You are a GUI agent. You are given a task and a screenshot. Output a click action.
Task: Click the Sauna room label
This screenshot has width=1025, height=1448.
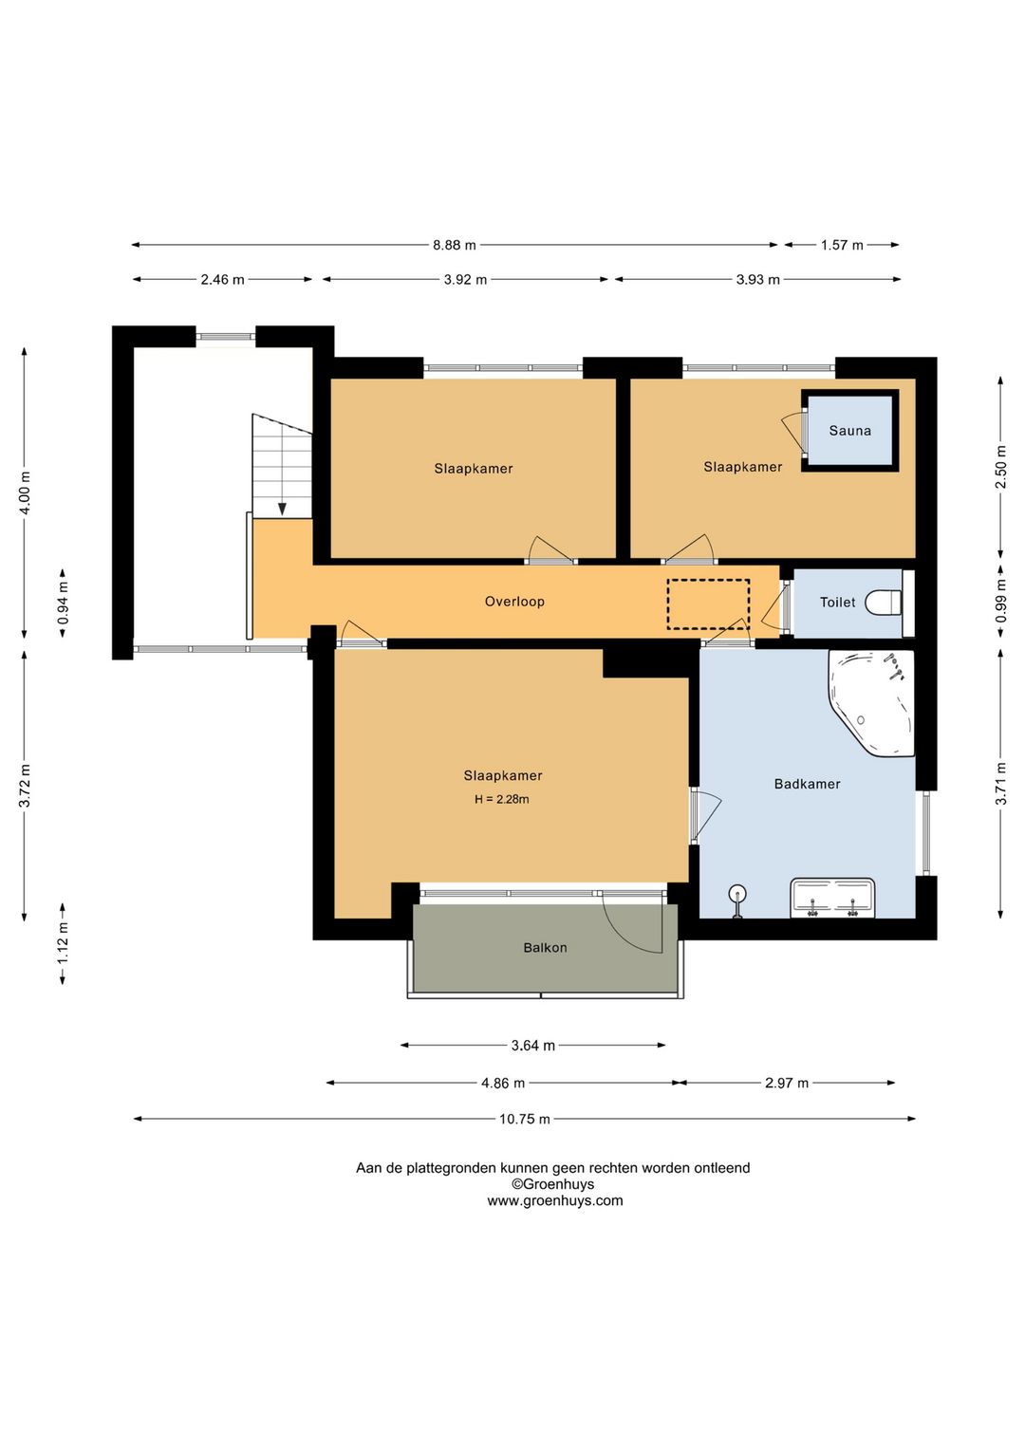pos(849,431)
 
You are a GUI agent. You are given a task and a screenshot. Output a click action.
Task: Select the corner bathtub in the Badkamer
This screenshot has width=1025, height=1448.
pos(872,703)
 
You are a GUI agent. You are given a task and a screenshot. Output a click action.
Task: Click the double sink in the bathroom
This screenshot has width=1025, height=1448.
pos(832,898)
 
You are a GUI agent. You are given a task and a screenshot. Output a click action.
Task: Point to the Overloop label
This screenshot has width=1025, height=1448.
pos(514,602)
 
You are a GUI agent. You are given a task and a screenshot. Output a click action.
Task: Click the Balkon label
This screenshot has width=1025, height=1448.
pos(545,948)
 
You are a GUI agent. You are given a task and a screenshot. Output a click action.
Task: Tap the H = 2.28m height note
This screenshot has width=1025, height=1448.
pos(502,800)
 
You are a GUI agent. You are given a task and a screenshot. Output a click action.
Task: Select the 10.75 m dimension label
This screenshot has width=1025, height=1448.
pos(525,1120)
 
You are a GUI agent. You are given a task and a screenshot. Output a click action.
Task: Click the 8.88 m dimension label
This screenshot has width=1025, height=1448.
pos(454,245)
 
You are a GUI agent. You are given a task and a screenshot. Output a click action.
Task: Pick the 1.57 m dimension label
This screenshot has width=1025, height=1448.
pos(842,245)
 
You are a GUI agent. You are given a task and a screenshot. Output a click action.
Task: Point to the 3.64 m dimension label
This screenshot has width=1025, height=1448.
pos(532,1046)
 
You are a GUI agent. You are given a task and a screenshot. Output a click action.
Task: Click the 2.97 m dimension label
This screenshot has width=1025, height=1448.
pos(787,1083)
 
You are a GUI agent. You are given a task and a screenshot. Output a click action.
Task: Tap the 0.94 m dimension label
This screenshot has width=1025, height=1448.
pos(63,603)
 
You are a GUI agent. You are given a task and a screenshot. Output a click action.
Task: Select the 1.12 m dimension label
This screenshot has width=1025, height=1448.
pos(63,944)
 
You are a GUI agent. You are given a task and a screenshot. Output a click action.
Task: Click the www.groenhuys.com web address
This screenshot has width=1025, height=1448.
pos(555,1201)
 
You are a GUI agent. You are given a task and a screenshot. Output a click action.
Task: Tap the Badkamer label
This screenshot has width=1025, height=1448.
pos(807,784)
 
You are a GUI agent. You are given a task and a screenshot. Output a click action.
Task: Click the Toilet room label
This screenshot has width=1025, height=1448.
pos(837,603)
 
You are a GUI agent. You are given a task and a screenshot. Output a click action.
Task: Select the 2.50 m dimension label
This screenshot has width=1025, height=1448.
pos(1001,468)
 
